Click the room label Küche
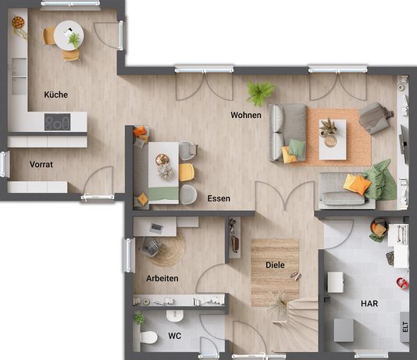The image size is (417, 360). click(56, 94)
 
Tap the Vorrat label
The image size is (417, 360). click(41, 165)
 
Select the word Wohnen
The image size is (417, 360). click(245, 115)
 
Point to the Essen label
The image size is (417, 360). click(219, 198)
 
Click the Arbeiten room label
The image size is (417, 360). click(162, 278)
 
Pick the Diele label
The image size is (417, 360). click(274, 266)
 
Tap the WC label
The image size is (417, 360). click(175, 336)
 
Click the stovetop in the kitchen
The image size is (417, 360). click(57, 123)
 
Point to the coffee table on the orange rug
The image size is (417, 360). click(332, 134)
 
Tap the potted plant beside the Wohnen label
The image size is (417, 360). click(258, 93)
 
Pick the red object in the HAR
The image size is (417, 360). click(401, 282)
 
